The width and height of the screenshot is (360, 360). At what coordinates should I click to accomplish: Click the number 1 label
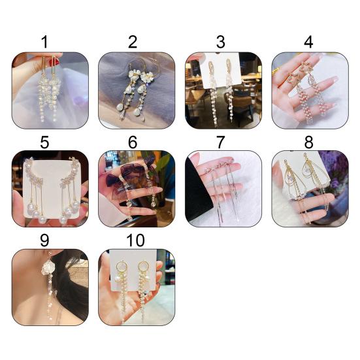click(45, 42)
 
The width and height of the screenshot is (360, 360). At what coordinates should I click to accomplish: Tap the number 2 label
click(133, 42)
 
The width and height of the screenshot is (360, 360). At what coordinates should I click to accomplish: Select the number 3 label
click(221, 42)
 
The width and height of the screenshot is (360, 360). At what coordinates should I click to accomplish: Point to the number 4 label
click(308, 42)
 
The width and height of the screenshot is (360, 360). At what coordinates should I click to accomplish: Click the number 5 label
click(44, 142)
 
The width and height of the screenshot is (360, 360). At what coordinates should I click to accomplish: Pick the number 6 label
click(133, 142)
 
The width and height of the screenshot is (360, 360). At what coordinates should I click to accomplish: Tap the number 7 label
click(221, 142)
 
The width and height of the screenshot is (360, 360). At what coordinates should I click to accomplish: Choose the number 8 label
click(308, 142)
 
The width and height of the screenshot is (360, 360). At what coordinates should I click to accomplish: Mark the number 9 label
click(44, 240)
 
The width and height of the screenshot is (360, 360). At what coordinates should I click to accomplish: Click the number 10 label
click(135, 240)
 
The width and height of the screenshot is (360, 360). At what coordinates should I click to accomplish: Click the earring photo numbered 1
click(50, 90)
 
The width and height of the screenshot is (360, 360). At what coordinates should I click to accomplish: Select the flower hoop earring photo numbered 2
click(137, 90)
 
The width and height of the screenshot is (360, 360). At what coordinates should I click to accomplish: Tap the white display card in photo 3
click(221, 71)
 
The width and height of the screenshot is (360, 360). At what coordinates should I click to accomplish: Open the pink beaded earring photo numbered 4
click(310, 90)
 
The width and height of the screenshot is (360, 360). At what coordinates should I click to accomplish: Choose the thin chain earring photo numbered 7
click(223, 189)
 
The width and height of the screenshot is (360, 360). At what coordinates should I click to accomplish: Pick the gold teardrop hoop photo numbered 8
click(310, 189)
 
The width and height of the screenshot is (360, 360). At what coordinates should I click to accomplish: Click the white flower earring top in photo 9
click(48, 268)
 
